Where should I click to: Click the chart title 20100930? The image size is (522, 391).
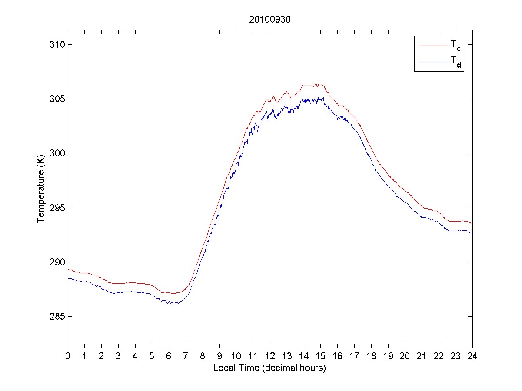(x=269, y=20)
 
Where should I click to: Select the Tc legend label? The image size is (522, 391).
(x=456, y=45)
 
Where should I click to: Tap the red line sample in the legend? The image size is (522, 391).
(x=433, y=45)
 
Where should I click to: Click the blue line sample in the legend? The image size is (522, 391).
(x=433, y=62)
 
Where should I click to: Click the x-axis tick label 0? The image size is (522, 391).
(x=68, y=356)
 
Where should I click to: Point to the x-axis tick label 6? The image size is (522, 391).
(x=169, y=356)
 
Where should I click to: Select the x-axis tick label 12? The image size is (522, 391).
(x=270, y=356)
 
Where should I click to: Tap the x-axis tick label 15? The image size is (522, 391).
(x=321, y=356)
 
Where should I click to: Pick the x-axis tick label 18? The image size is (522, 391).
(x=371, y=356)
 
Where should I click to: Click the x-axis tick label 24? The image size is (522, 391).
(x=472, y=356)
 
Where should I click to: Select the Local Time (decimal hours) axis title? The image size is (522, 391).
(x=269, y=368)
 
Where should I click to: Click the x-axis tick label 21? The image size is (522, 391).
(x=422, y=356)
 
